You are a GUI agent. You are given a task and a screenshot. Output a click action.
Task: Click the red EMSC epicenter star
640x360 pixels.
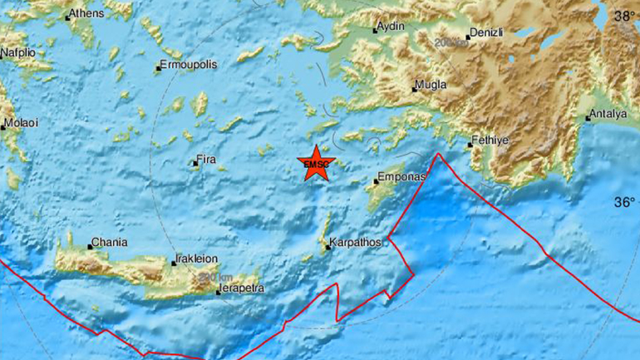(x=316, y=163)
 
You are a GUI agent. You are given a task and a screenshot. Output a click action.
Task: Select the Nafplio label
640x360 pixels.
(x=17, y=52)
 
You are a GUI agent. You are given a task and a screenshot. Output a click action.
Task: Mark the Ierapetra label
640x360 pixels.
(x=241, y=288)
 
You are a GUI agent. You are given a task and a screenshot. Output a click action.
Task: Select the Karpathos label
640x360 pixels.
(x=355, y=243)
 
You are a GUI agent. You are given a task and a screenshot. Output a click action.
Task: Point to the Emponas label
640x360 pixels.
(x=401, y=177)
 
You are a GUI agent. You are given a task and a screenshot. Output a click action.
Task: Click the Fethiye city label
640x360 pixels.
(x=490, y=141)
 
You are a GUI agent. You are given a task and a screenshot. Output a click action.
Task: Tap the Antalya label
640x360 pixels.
(x=610, y=115)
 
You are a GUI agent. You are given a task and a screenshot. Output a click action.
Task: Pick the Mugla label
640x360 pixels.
(x=433, y=85)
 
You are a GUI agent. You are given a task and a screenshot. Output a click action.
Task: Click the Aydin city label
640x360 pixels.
(x=391, y=26)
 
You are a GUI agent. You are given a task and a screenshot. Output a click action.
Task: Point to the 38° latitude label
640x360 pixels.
(x=624, y=16)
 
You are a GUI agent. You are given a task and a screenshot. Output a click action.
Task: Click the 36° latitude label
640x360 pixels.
(x=624, y=202)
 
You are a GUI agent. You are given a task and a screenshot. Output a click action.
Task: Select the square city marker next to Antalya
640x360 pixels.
(x=588, y=118)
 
